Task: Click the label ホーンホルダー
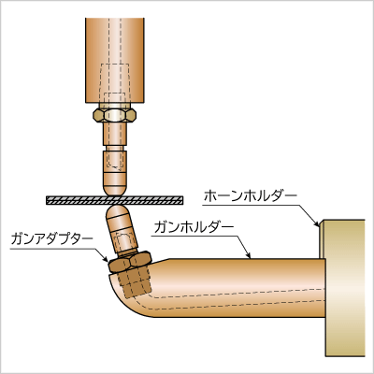click(251, 196)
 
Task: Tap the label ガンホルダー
click(194, 227)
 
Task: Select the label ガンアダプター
click(51, 239)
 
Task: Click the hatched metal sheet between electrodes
click(115, 200)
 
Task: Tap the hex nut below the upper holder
click(115, 116)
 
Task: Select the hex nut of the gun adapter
click(130, 262)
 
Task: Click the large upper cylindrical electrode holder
click(115, 60)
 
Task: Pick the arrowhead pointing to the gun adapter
click(106, 257)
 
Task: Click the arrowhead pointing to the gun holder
click(249, 255)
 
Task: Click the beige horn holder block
click(344, 287)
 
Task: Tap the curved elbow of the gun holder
click(131, 296)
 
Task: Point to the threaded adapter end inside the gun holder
click(135, 283)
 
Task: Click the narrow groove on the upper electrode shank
click(115, 149)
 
